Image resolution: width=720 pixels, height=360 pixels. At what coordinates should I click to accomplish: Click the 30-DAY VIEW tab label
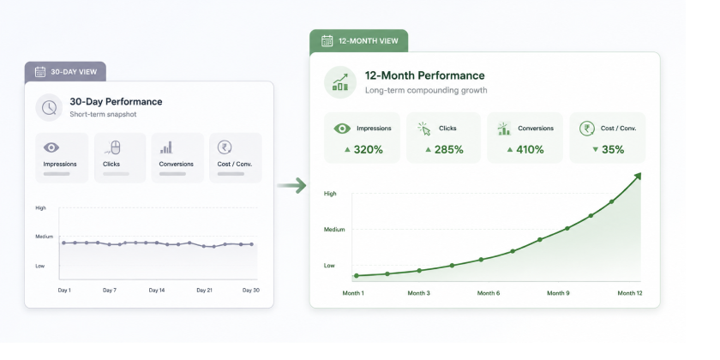pyautogui.click(x=74, y=72)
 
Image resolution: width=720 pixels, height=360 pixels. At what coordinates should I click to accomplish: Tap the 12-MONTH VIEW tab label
pyautogui.click(x=369, y=41)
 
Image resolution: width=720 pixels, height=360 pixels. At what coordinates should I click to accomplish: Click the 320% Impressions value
pyautogui.click(x=368, y=149)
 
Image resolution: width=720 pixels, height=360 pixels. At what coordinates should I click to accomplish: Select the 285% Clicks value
pyautogui.click(x=448, y=149)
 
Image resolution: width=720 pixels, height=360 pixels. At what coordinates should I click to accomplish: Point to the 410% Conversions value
pyautogui.click(x=530, y=149)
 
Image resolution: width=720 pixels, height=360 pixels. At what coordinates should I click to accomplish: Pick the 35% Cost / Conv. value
pyautogui.click(x=613, y=149)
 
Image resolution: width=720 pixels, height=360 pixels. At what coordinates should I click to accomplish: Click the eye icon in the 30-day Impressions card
pyautogui.click(x=51, y=147)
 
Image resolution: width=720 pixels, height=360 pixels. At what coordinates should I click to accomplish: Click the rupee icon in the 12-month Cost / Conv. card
pyautogui.click(x=587, y=129)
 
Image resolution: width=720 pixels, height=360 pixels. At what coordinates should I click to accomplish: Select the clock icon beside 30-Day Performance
pyautogui.click(x=49, y=107)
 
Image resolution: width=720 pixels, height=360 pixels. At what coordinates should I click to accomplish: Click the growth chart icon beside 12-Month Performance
pyautogui.click(x=340, y=82)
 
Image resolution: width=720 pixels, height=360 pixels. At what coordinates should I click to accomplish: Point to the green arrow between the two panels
pyautogui.click(x=291, y=185)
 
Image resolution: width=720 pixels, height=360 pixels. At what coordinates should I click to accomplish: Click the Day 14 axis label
pyautogui.click(x=157, y=291)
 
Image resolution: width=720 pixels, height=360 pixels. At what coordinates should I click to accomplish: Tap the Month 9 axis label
pyautogui.click(x=558, y=293)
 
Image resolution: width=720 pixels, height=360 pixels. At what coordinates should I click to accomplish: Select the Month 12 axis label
pyautogui.click(x=629, y=293)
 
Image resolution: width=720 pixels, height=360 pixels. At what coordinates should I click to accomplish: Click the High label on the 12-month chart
pyautogui.click(x=330, y=194)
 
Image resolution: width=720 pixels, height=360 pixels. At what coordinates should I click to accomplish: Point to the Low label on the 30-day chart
pyautogui.click(x=40, y=266)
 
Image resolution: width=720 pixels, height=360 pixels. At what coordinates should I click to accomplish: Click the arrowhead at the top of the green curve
pyautogui.click(x=638, y=176)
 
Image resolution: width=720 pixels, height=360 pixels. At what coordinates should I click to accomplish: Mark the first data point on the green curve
pyautogui.click(x=357, y=275)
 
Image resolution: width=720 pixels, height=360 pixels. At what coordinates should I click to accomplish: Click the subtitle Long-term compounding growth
pyautogui.click(x=426, y=90)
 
